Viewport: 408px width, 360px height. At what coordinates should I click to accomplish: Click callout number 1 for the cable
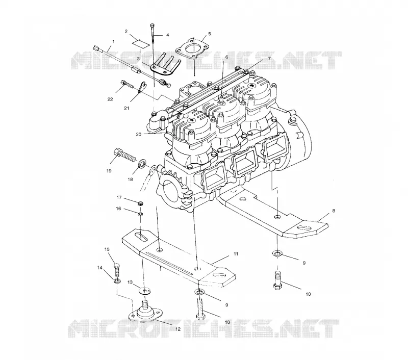[x=113, y=41]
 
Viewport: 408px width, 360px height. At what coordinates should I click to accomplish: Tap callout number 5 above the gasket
[x=210, y=34]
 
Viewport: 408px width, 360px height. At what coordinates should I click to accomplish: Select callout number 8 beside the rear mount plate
[x=334, y=211]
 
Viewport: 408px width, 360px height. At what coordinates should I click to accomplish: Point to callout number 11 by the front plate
[x=236, y=253]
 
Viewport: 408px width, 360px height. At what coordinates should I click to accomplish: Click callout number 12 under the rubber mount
[x=177, y=329]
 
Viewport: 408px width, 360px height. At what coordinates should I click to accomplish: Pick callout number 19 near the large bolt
[x=109, y=171]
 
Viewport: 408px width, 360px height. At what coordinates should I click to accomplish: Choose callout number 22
[x=110, y=99]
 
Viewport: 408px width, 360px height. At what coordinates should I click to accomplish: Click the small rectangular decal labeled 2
[x=141, y=43]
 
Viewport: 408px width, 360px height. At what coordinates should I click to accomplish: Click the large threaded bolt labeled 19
[x=124, y=155]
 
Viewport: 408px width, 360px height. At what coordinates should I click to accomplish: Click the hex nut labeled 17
[x=141, y=203]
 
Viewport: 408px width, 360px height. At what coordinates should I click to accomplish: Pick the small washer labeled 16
[x=140, y=214]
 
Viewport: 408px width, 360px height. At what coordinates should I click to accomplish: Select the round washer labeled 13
[x=145, y=291]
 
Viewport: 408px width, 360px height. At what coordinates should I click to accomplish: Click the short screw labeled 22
[x=127, y=84]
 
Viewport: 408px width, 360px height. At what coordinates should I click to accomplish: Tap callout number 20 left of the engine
[x=138, y=135]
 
